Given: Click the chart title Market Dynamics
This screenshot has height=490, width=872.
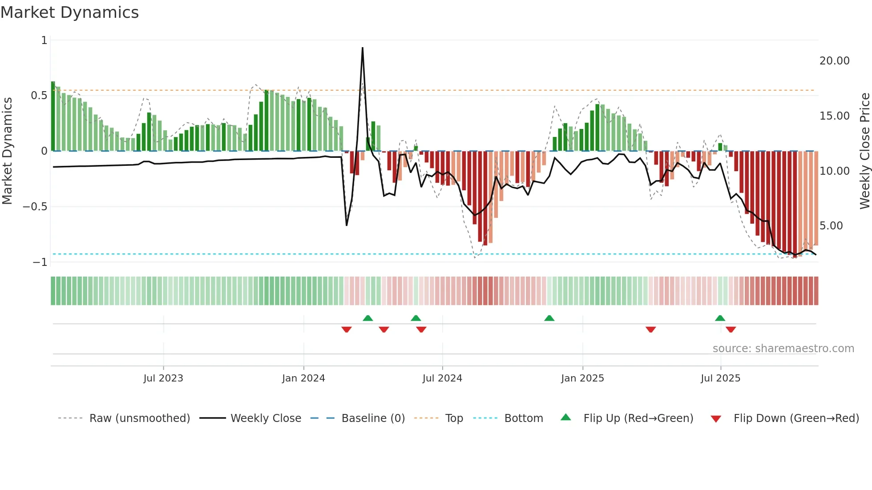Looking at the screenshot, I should tap(69, 12).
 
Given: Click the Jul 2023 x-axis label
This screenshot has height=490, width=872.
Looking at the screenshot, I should tap(163, 378).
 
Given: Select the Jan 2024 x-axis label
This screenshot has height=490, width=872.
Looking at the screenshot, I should tap(303, 378).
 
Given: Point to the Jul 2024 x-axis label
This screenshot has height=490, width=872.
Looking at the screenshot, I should tap(442, 378).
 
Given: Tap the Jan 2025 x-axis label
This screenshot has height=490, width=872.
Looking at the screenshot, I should tap(582, 378).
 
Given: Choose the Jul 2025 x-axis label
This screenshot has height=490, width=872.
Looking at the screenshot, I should tap(720, 378).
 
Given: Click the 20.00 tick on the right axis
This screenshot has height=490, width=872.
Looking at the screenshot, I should tap(834, 61).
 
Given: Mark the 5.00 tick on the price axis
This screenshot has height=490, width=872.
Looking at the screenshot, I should tap(831, 226).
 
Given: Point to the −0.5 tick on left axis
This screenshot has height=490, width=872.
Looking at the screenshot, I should tap(35, 207).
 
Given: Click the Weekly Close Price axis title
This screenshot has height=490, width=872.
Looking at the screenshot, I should tap(864, 151).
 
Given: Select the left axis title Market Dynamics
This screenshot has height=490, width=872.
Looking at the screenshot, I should tap(7, 151).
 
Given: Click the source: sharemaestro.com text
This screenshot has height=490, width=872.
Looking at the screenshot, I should tap(783, 349).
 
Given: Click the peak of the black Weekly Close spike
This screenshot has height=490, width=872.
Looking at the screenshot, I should tap(363, 48).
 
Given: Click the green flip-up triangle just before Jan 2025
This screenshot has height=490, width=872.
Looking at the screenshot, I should tap(549, 318).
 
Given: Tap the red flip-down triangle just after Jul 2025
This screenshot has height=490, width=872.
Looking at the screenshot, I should tap(731, 329).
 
